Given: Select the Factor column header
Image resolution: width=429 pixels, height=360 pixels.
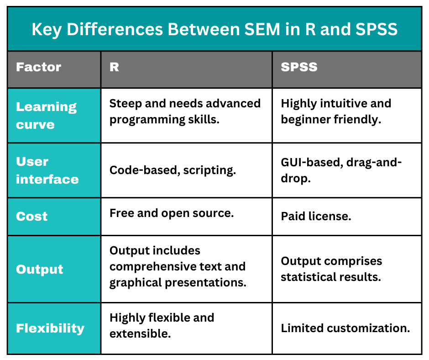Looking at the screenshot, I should tap(38, 67).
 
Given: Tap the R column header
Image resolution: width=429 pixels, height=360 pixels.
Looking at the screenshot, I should tap(114, 67).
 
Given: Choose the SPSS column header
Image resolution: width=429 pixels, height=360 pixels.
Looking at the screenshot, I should tap(299, 67).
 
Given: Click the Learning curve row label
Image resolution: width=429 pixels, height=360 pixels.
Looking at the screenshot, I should tap(46, 116).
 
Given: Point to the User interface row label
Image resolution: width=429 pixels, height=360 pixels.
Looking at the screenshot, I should tap(47, 170).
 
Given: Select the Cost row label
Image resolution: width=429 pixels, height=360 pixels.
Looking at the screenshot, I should tap(31, 216).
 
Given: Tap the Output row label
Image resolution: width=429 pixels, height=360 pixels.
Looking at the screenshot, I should tap(40, 269).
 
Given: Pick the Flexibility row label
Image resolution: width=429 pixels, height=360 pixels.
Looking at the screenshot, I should tap(50, 328).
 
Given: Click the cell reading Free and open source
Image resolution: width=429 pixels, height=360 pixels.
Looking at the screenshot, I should tap(172, 213).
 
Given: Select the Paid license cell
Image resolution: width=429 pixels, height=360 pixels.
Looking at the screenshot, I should tap(316, 216).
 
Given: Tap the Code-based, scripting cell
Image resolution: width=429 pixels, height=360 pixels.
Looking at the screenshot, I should tap(173, 170).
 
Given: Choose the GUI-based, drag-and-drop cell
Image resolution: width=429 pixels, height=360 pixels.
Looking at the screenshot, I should tap(341, 170).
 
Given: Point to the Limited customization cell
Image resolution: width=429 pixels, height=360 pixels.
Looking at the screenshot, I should tap(345, 328).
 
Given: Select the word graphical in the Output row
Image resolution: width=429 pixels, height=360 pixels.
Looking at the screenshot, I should tap(136, 282).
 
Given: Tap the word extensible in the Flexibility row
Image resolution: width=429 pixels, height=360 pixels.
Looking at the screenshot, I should tap(140, 334).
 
